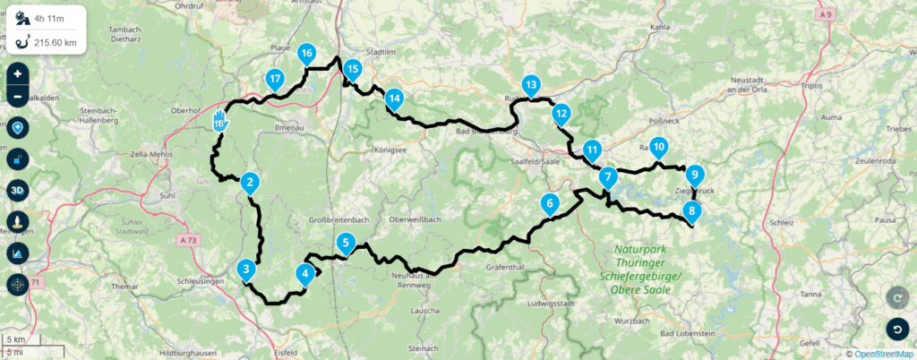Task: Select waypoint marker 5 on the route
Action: (346, 242)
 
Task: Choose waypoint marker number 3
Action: (245, 269)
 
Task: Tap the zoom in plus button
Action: (17, 73)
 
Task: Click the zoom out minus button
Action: (17, 96)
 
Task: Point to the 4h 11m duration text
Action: (48, 16)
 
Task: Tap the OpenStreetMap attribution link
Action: (883, 353)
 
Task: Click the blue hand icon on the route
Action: (220, 121)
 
